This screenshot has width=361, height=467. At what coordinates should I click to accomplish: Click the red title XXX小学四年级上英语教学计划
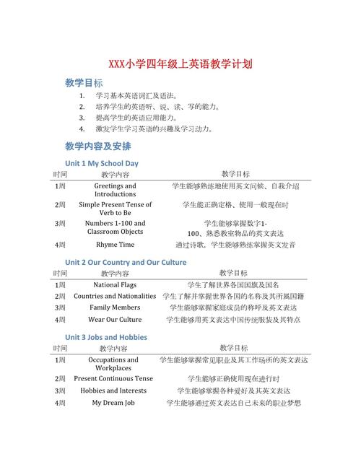coord(180,64)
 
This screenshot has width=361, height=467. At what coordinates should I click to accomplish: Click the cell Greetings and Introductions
coord(115,190)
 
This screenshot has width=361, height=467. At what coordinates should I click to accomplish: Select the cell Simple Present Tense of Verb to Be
coord(115,209)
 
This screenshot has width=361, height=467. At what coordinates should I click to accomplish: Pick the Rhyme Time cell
coord(115,245)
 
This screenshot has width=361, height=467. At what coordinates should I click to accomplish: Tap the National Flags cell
coord(115,284)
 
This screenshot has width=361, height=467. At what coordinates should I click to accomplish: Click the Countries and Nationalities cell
coord(115,296)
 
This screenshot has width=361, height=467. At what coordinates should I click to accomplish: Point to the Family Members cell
coord(115,307)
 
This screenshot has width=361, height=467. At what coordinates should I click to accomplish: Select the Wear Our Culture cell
coord(115,319)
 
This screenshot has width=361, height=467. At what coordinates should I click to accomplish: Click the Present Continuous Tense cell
coord(113,378)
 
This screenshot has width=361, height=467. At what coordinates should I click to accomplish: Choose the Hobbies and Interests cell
coord(113,390)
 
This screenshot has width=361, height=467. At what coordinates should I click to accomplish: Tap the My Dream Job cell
coord(113,403)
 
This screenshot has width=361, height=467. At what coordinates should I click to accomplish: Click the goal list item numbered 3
coord(136,118)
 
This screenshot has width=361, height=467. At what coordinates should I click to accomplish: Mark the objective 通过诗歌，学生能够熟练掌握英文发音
coord(235,245)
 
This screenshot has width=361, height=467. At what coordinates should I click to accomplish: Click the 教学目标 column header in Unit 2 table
coord(235,273)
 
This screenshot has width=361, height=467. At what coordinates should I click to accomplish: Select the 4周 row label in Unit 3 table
coord(60,403)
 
